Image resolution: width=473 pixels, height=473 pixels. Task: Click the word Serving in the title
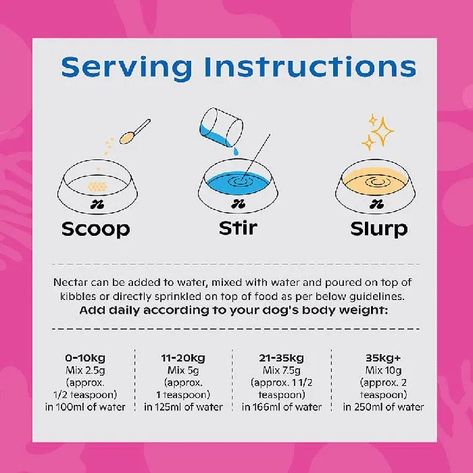126,68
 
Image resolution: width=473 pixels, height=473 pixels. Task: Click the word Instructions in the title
311,66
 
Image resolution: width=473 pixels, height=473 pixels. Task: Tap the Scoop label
96,230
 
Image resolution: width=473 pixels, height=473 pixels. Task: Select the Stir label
238,228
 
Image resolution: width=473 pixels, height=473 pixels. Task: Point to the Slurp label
379,229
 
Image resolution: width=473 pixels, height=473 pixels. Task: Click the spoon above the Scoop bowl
134,132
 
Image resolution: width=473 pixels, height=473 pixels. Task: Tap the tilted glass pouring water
221,128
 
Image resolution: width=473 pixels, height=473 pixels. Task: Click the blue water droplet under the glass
236,151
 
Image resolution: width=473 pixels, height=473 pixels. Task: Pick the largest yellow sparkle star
382,131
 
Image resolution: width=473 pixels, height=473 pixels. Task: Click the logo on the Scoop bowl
97,205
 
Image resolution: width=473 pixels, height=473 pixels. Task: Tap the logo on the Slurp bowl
376,205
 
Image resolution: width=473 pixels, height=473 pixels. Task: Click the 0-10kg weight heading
85,358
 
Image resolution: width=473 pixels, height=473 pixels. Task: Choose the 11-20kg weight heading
183,358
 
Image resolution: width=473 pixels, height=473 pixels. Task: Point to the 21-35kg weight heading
281,358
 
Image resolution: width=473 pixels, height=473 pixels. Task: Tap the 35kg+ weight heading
383,358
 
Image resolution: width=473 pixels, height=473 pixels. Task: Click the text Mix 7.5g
282,370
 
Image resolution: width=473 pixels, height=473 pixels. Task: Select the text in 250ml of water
383,407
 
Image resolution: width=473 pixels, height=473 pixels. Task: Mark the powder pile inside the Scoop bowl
97,186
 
